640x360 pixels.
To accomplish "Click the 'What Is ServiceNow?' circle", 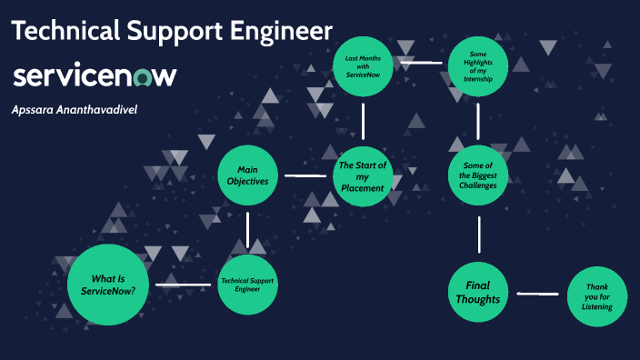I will click(x=108, y=285).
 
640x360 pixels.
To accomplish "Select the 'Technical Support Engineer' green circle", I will click(x=247, y=285).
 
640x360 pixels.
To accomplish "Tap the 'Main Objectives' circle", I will click(x=247, y=175).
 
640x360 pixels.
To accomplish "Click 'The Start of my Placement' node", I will click(x=363, y=175).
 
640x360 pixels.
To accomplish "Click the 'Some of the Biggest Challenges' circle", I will click(x=478, y=175).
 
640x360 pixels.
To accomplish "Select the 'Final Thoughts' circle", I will click(x=478, y=293).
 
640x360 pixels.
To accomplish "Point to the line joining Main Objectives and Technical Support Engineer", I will click(x=247, y=229).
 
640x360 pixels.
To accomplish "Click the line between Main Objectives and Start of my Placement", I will click(x=305, y=175).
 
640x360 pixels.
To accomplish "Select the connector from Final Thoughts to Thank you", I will click(x=536, y=294).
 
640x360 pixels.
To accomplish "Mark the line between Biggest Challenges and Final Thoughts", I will click(x=478, y=234).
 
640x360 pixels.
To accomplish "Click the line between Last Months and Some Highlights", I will click(x=420, y=64).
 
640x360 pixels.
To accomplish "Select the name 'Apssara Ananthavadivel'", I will click(x=75, y=109).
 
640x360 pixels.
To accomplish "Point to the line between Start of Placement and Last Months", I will click(x=363, y=120).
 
